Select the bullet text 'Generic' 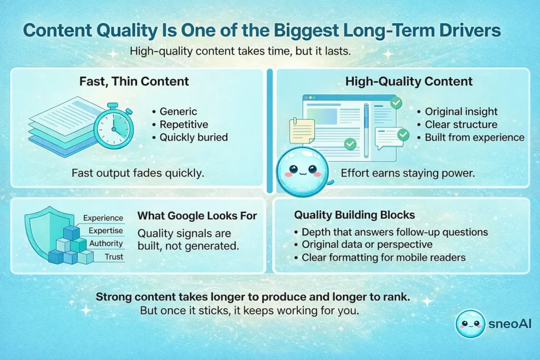(x=178, y=111)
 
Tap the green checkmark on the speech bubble (x=403, y=135)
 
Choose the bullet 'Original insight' (x=460, y=111)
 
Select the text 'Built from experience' (x=475, y=137)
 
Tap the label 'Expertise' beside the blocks (x=105, y=230)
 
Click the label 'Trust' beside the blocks (x=113, y=257)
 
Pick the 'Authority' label (x=105, y=244)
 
